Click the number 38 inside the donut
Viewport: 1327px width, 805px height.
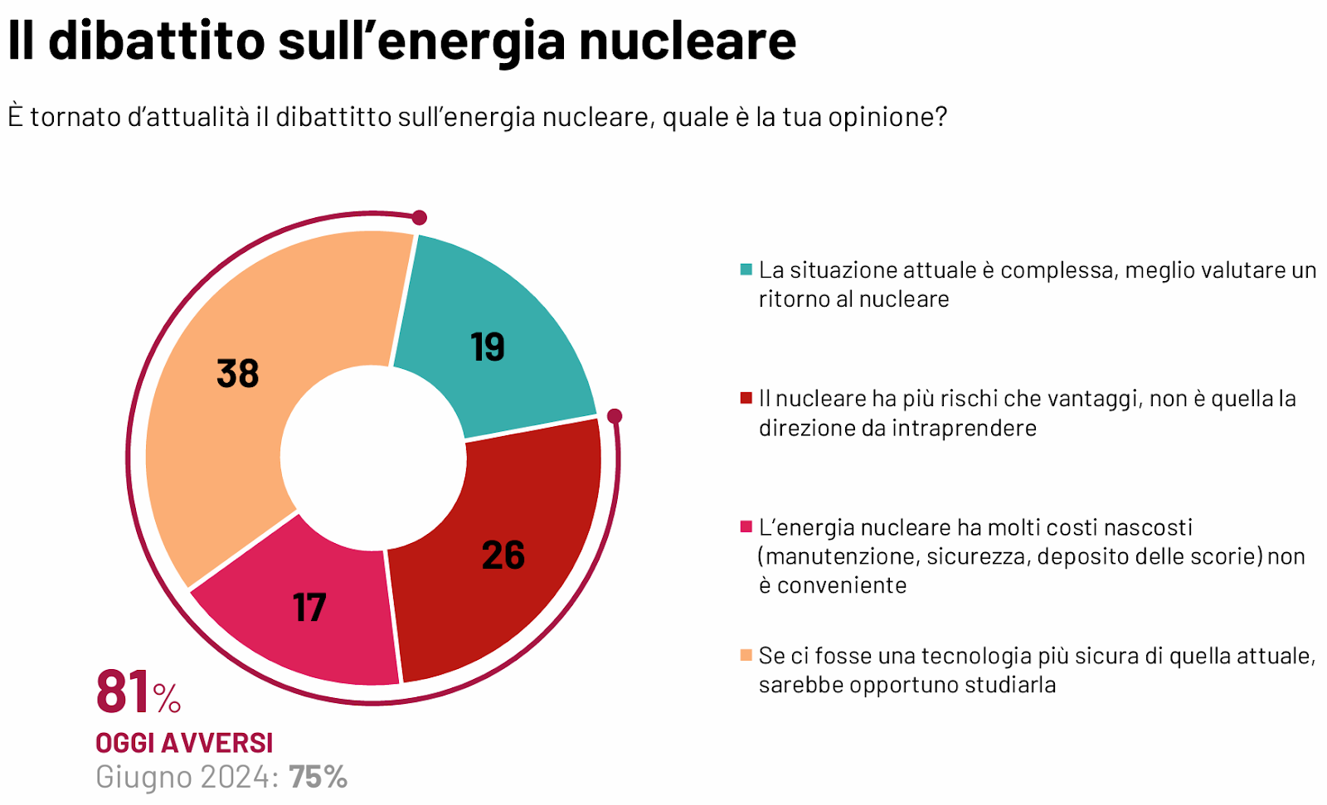(238, 373)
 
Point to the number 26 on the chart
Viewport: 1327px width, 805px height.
(503, 555)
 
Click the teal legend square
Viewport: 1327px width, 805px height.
(746, 269)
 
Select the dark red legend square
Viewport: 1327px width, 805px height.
(746, 398)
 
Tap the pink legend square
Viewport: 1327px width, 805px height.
(746, 526)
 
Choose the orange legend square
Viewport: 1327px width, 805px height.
(746, 655)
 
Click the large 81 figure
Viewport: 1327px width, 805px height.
(123, 692)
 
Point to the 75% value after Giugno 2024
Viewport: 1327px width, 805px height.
(318, 777)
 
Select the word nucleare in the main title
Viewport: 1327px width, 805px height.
(688, 41)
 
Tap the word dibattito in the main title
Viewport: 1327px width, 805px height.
(157, 41)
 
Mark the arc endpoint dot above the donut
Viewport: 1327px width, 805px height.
(420, 217)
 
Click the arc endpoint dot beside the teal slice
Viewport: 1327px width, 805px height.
(615, 415)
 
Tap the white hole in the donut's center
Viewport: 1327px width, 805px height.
(373, 457)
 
